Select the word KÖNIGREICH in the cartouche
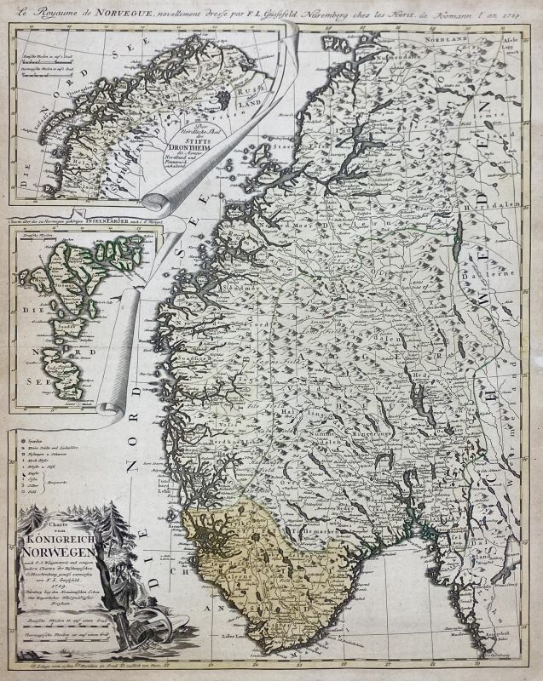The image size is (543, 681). tap(70, 538)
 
